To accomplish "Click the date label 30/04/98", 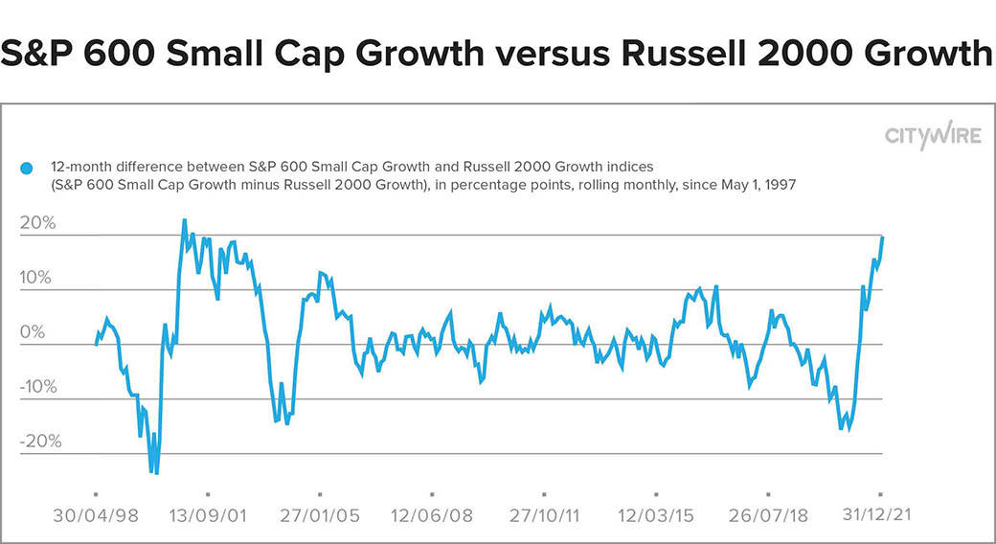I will click(96, 514).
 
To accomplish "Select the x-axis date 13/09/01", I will click(208, 514).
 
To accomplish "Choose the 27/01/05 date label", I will click(320, 514).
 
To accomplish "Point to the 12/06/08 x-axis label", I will click(432, 514).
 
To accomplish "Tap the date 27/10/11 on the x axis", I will click(544, 514).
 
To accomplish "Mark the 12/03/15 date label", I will click(656, 514).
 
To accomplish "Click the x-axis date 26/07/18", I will click(768, 514).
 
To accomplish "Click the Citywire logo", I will click(933, 136).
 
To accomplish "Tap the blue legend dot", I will click(26, 169).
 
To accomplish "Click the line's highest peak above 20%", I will click(184, 220).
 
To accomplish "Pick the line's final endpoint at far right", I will click(882, 237).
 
